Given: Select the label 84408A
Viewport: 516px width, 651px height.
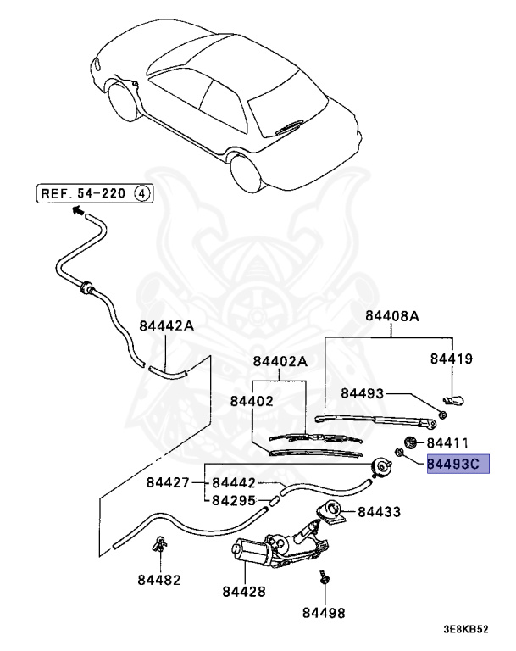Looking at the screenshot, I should (392, 316).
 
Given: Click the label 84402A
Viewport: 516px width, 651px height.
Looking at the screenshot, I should (279, 362).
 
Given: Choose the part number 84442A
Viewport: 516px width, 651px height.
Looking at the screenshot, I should (166, 325).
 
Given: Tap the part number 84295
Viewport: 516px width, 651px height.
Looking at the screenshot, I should (234, 500).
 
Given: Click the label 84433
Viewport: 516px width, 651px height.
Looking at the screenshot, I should (379, 512).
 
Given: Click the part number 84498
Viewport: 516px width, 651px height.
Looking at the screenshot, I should (324, 611).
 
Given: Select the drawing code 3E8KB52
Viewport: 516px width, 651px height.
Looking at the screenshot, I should (466, 630).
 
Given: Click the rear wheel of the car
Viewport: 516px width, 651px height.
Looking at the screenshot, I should (247, 170).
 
